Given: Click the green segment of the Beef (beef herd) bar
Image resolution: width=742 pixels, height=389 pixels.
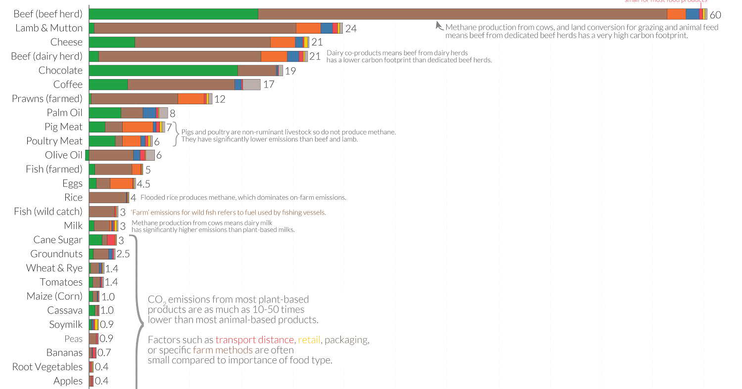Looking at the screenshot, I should click(173, 14).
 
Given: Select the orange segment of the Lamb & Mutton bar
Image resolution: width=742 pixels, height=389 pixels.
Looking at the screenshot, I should click(308, 28).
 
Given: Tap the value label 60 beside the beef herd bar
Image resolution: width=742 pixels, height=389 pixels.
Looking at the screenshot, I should click(715, 15).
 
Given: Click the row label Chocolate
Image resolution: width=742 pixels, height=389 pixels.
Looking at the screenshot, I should click(60, 71).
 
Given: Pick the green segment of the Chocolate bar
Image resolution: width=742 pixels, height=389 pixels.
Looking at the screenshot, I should click(163, 71).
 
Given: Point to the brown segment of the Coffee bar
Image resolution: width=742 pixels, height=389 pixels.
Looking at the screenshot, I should click(181, 85).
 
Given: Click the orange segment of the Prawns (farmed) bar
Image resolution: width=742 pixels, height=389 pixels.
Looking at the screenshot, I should click(190, 99).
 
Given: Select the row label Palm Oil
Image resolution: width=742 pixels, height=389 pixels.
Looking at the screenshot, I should click(64, 113).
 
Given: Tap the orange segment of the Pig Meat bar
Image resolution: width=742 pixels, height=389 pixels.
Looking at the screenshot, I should click(138, 127).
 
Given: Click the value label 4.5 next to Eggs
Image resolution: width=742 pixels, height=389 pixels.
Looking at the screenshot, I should click(143, 184).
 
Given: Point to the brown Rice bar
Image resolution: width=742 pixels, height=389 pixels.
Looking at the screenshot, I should click(107, 198).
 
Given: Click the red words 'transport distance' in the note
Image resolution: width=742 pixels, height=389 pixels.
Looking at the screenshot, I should click(255, 340).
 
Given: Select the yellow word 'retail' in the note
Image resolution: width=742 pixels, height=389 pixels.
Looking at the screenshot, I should click(309, 340).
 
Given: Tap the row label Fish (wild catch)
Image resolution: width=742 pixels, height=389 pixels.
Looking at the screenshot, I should click(48, 212).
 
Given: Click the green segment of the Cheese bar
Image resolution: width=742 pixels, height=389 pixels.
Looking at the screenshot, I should click(112, 43).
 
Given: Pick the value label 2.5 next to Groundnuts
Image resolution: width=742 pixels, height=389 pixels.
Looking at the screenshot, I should click(123, 254).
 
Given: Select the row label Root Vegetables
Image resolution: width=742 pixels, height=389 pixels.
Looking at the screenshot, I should click(47, 367).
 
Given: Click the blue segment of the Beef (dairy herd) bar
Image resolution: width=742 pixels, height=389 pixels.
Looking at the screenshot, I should click(293, 56).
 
